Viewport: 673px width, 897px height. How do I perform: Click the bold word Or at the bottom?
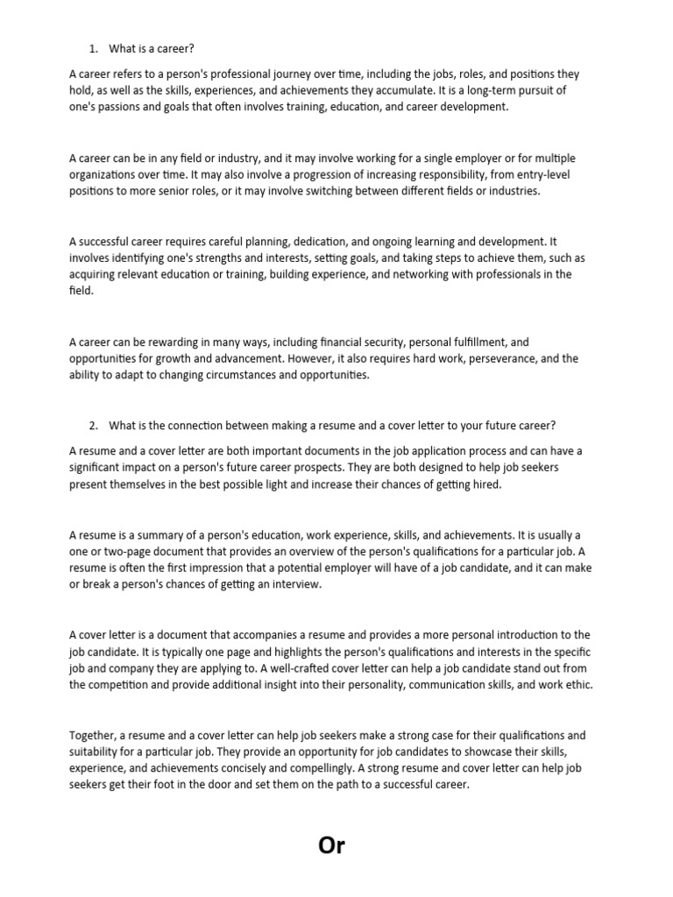click(x=332, y=845)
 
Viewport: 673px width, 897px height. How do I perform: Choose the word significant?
click(x=99, y=467)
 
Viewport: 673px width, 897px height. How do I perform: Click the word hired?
click(x=485, y=483)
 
